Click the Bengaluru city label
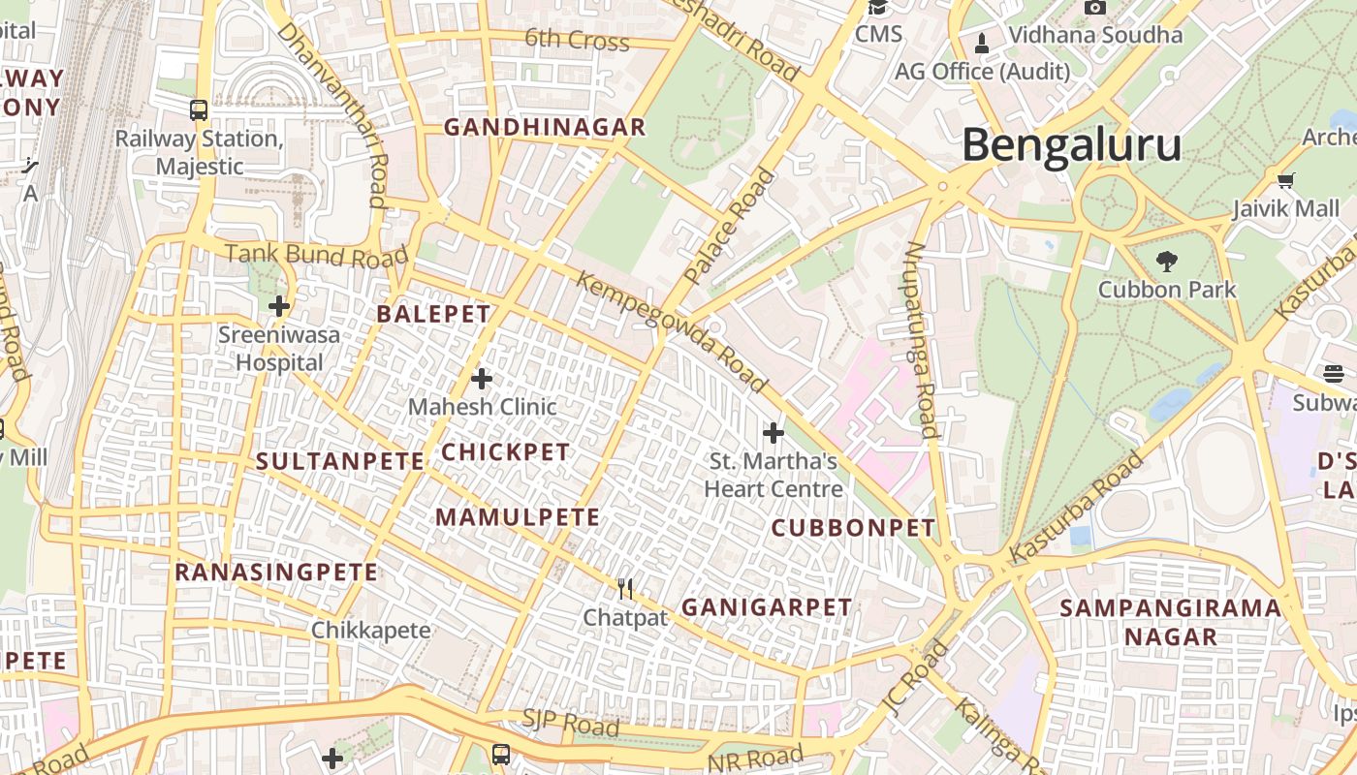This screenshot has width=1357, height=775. [1071, 145]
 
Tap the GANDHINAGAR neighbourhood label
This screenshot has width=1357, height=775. [545, 127]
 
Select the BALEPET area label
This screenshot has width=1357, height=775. [433, 314]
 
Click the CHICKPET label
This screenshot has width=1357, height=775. [506, 452]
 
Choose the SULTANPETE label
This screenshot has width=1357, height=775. [340, 462]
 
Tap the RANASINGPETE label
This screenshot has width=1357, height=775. [276, 573]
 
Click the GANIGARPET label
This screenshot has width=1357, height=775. [767, 607]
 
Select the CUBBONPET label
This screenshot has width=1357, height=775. [854, 528]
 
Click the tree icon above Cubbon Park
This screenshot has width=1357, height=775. [1166, 260]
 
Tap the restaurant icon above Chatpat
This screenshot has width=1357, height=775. [625, 588]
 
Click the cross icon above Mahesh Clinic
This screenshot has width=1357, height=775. [481, 378]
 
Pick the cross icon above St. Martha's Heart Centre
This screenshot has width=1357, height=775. [773, 432]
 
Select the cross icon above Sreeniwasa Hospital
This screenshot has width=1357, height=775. [279, 306]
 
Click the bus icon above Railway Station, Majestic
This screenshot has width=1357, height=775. [199, 109]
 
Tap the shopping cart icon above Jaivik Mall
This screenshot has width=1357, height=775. [1285, 180]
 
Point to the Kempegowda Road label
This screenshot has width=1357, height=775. [673, 332]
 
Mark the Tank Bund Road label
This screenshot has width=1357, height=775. [316, 256]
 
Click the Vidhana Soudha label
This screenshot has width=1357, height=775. [1095, 35]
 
